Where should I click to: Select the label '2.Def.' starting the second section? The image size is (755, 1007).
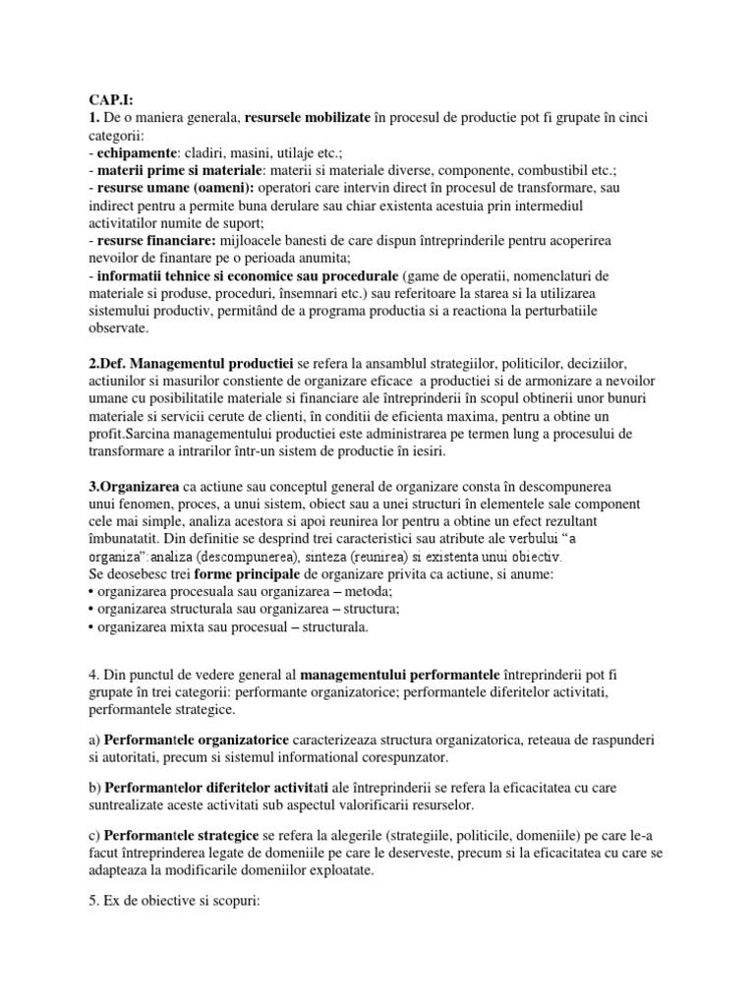pyautogui.click(x=109, y=364)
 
